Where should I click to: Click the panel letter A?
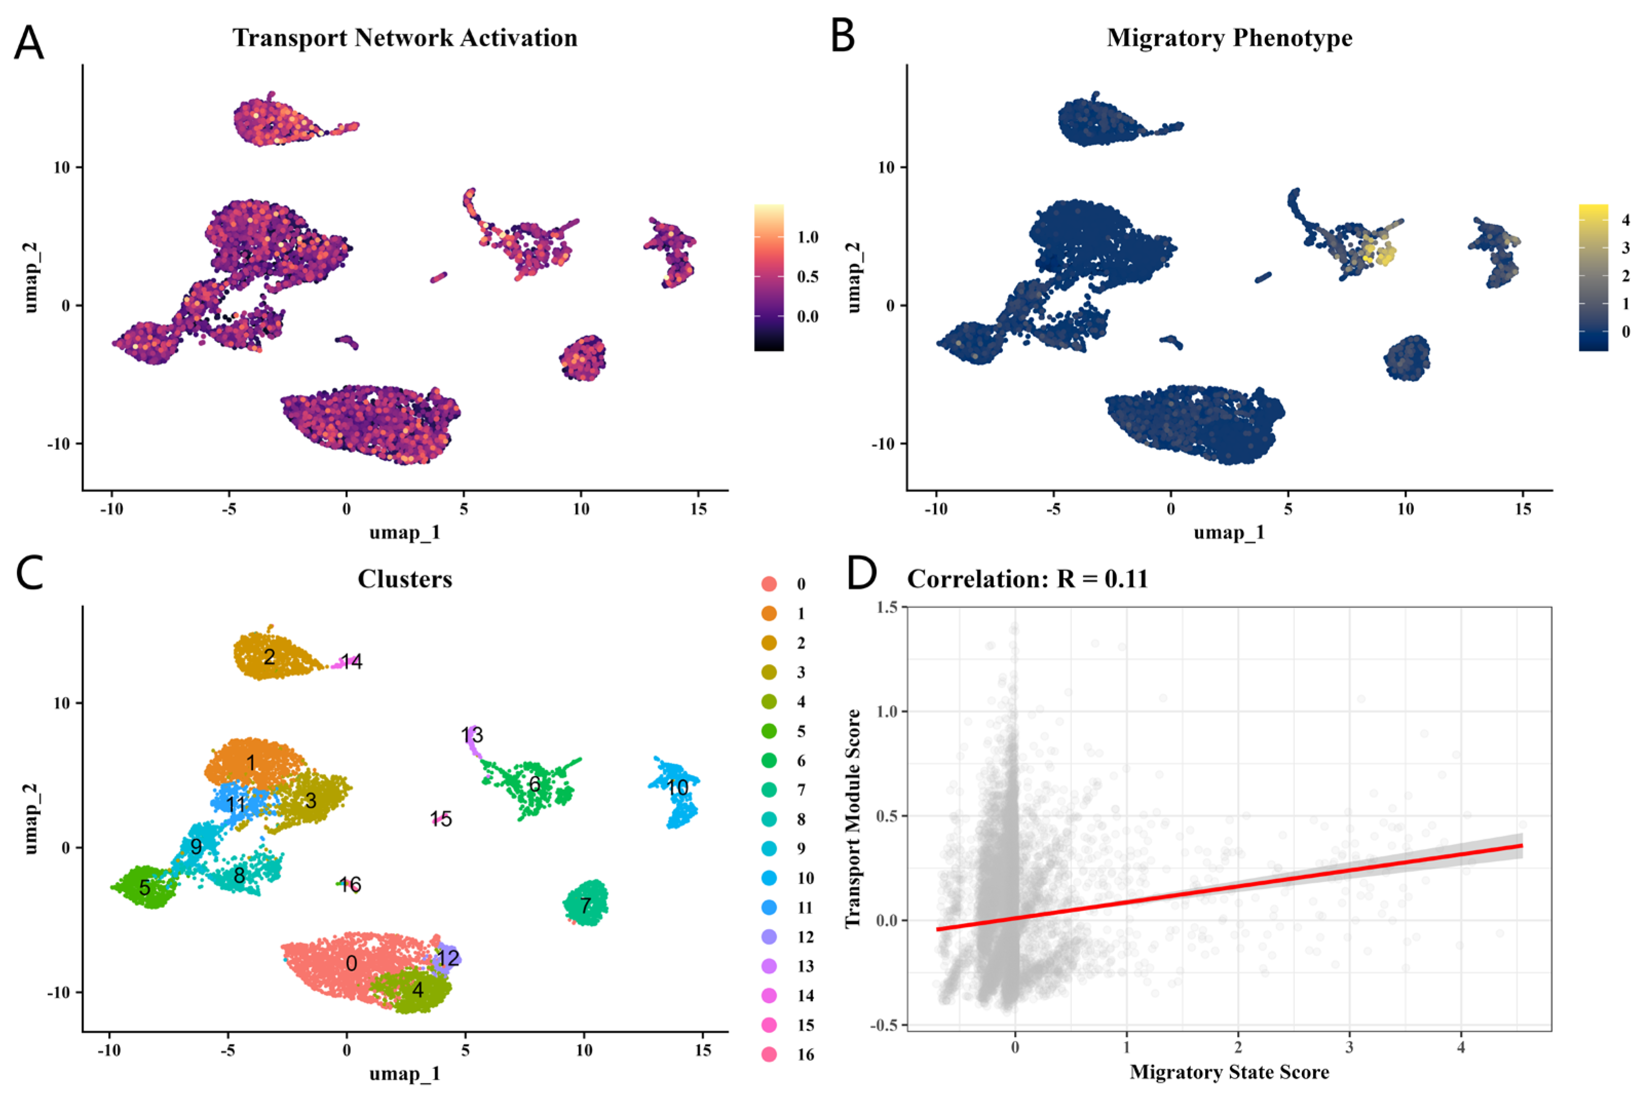tap(29, 43)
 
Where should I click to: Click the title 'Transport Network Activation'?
tap(405, 37)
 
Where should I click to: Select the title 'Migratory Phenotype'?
tap(1229, 37)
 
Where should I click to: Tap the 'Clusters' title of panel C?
tap(405, 579)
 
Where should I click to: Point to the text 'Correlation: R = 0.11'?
tap(1027, 579)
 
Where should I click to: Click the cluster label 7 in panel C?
tap(586, 906)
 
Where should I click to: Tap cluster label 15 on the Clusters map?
tap(441, 819)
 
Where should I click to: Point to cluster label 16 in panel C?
tap(350, 884)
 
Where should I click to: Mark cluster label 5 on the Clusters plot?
tap(145, 887)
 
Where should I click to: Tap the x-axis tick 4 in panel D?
tap(1461, 1047)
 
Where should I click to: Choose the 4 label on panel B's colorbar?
tap(1626, 220)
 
